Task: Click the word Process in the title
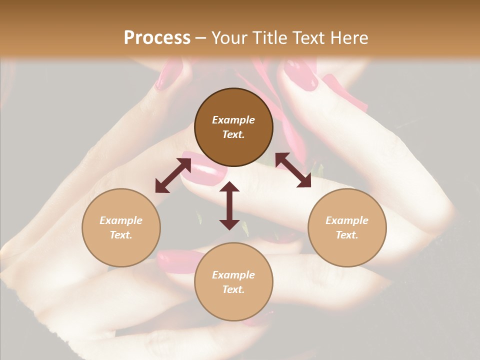(157, 38)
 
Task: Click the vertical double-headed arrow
(229, 205)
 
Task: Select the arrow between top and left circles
(173, 175)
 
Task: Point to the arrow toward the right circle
(293, 170)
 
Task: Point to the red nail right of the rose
(301, 75)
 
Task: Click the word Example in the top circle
(233, 120)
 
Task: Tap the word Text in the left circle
(121, 235)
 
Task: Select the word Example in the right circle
(347, 220)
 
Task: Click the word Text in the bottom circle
(233, 289)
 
